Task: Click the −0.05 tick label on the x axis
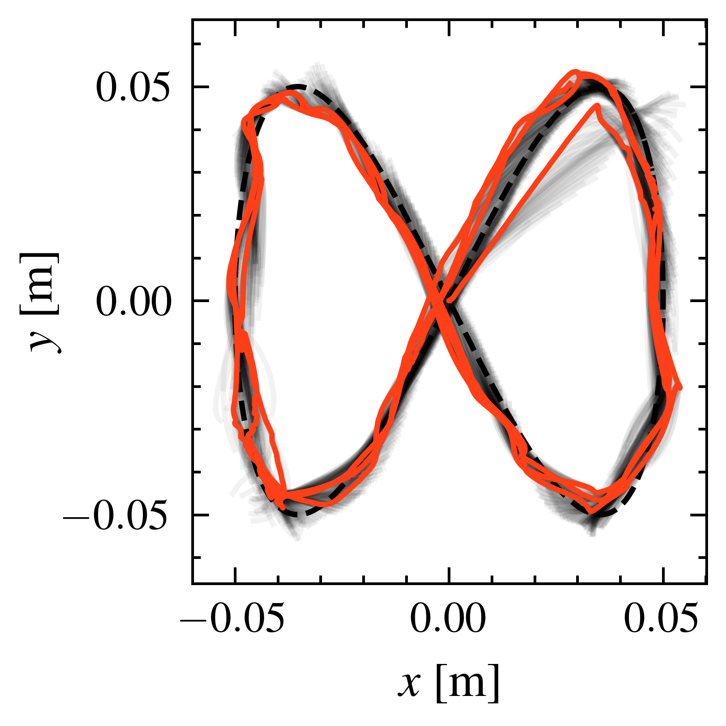232,619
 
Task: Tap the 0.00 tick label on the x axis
448,619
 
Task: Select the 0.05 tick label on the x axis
660,619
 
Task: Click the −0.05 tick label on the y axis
116,516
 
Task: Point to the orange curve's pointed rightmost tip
680,387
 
